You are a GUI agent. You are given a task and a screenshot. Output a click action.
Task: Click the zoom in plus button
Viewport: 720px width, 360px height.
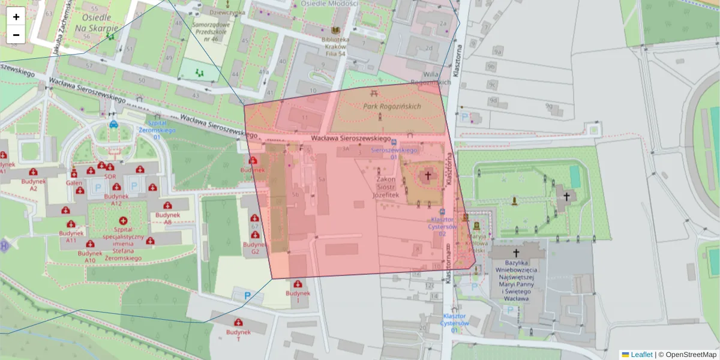pos(16,17)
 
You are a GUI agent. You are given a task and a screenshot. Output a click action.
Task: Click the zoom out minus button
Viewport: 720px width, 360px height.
pos(16,35)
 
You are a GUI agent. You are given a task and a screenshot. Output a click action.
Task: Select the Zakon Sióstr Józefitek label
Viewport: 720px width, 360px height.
pos(386,187)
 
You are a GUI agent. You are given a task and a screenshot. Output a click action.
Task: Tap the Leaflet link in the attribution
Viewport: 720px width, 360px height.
pos(641,355)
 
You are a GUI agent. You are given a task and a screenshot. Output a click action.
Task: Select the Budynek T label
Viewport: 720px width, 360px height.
pos(238,335)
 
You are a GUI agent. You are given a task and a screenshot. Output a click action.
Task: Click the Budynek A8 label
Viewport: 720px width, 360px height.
pos(168,218)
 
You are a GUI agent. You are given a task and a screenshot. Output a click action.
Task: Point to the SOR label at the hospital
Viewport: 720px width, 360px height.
pos(110,177)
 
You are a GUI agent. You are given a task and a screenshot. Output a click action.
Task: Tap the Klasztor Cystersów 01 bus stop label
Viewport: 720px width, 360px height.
pos(454,323)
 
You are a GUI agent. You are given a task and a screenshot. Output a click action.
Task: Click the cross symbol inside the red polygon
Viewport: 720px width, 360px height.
pos(427,175)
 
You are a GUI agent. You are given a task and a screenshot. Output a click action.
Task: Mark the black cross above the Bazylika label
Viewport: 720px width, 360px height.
pos(516,253)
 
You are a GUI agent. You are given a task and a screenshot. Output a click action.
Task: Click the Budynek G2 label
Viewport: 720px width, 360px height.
pos(255,248)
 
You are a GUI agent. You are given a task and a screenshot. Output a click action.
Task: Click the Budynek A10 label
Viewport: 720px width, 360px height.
pos(90,256)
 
